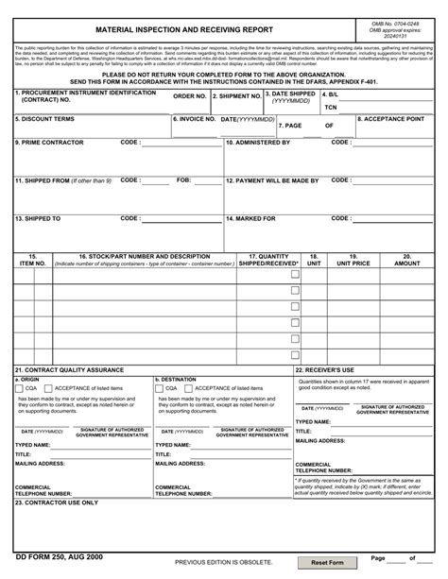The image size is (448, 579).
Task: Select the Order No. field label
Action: pyautogui.click(x=190, y=96)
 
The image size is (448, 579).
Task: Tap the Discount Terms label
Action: pyautogui.click(x=44, y=119)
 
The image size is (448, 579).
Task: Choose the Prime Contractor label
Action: pyautogui.click(x=49, y=143)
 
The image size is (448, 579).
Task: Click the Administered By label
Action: pyautogui.click(x=258, y=143)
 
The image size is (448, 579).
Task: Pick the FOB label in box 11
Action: pyautogui.click(x=184, y=179)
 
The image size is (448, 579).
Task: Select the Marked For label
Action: pyautogui.click(x=250, y=218)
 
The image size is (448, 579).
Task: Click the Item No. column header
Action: pyautogui.click(x=33, y=260)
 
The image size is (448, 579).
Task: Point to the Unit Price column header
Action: pyautogui.click(x=354, y=260)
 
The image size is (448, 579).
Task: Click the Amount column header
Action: pyautogui.click(x=407, y=260)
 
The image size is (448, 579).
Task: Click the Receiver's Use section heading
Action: pyautogui.click(x=324, y=369)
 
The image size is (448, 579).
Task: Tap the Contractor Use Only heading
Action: pyautogui.click(x=56, y=502)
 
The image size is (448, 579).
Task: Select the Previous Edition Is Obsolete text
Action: pyautogui.click(x=222, y=562)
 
